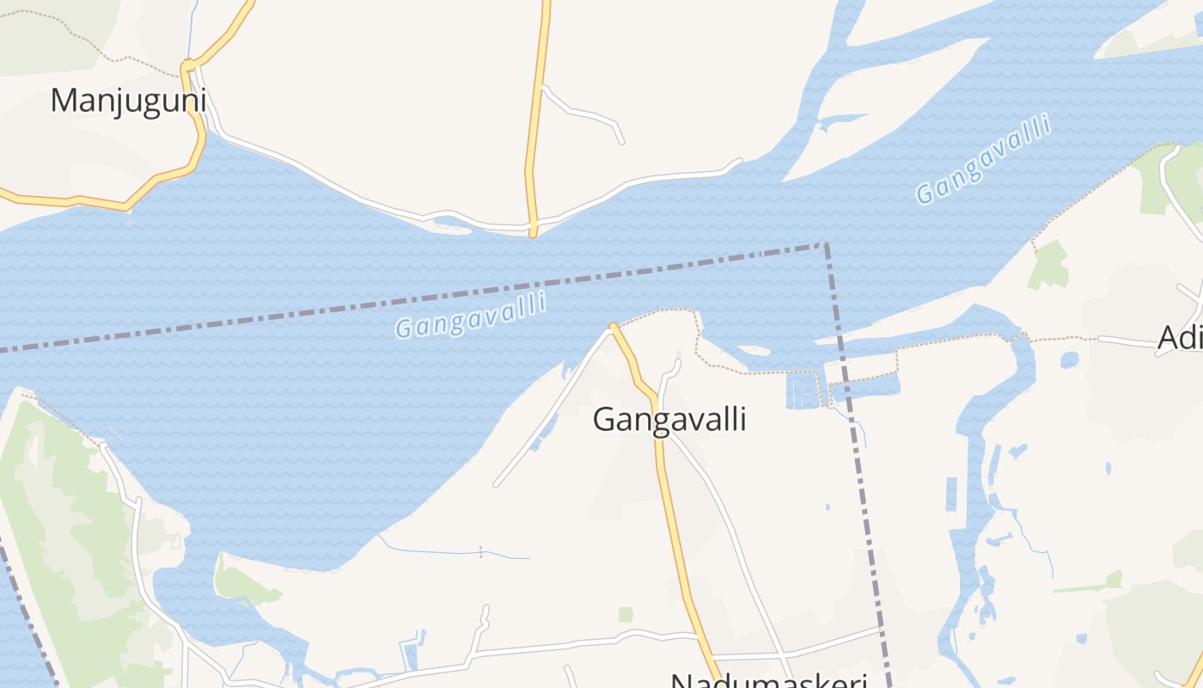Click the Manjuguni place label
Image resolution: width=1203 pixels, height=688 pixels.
point(128,101)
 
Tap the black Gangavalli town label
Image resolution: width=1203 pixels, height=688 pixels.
point(669,420)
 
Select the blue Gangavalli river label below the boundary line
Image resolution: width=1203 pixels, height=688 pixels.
point(471,316)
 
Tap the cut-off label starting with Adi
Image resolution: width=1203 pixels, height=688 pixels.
point(1180,338)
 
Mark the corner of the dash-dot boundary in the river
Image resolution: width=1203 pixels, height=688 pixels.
point(826,245)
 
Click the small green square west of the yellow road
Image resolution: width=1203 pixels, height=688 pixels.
point(626,614)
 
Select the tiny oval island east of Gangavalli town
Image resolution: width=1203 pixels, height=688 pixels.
point(753,350)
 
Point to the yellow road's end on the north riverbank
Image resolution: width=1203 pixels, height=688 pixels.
point(533,233)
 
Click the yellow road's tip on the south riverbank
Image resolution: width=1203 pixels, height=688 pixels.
point(613,326)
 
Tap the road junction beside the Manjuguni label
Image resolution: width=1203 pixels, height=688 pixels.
point(188,66)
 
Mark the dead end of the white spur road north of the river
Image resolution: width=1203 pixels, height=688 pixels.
point(621,141)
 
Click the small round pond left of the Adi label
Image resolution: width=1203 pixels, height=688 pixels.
point(1069,359)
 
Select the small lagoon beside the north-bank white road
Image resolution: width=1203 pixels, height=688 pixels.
point(451,225)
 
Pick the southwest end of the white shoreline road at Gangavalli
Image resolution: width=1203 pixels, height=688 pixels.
point(496,485)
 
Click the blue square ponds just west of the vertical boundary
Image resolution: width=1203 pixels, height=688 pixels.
point(803,390)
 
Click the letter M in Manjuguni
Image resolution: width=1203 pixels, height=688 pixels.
point(65,101)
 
